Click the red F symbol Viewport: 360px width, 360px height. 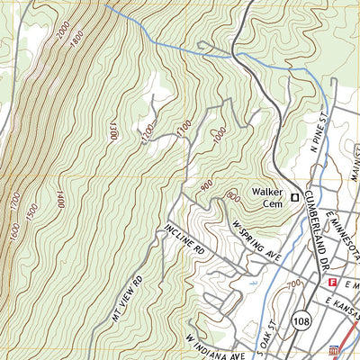pyautogui.click(x=332, y=283)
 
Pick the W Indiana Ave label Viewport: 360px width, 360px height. pyautogui.click(x=215, y=346)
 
